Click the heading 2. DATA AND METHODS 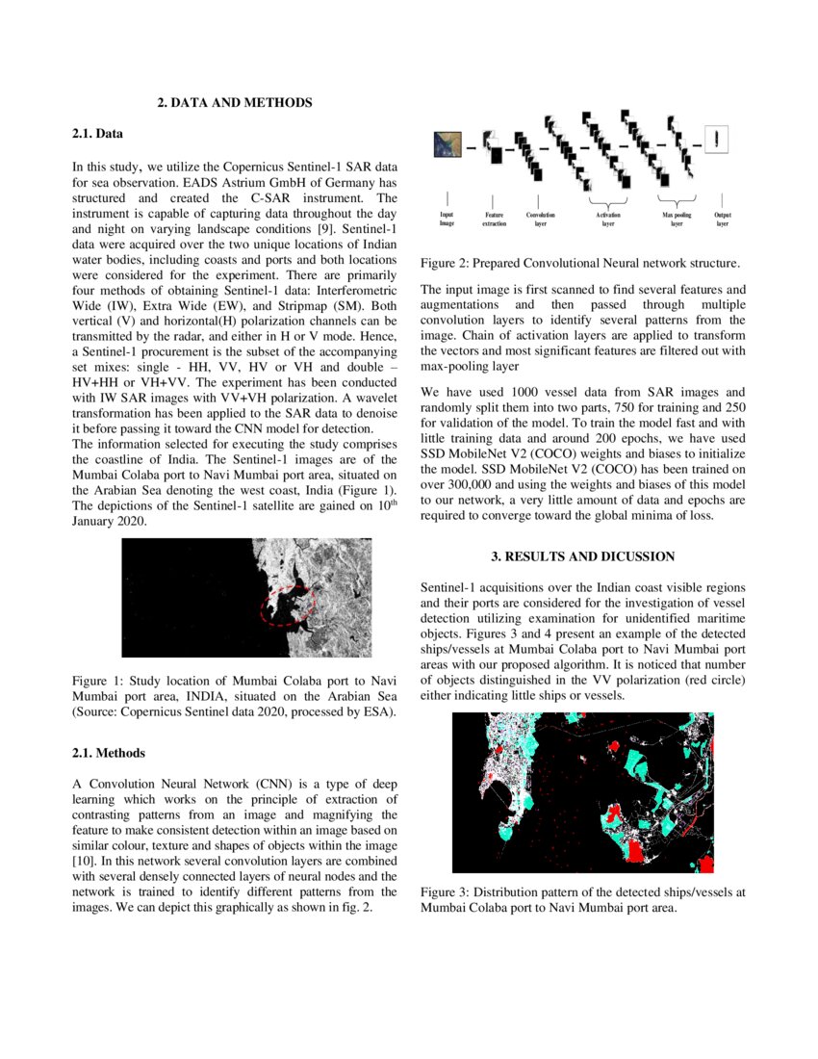coord(235,102)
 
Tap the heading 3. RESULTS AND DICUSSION coord(583,556)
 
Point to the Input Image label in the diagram coord(447,219)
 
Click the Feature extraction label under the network coord(494,219)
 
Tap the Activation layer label coord(608,219)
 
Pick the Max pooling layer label coord(677,219)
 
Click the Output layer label coord(722,219)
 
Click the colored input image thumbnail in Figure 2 coord(447,144)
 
